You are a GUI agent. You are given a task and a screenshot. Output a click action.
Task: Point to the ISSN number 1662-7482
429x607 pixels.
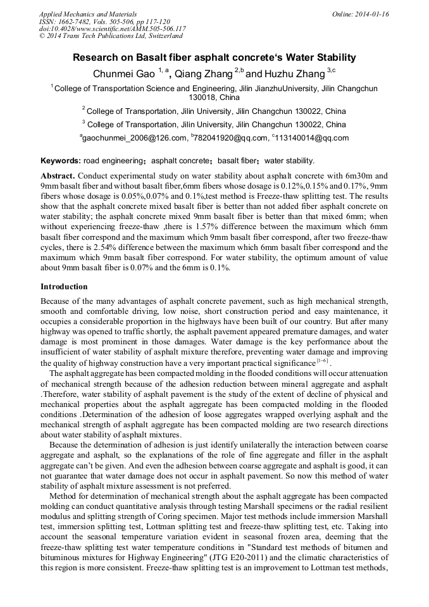pyautogui.click(x=78, y=22)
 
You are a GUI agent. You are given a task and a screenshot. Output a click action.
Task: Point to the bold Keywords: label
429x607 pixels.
pyautogui.click(x=60, y=161)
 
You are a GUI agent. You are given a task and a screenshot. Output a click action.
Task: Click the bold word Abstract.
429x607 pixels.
pyautogui.click(x=58, y=175)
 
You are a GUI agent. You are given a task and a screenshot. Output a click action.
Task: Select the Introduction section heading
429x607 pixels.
pyautogui.click(x=64, y=286)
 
